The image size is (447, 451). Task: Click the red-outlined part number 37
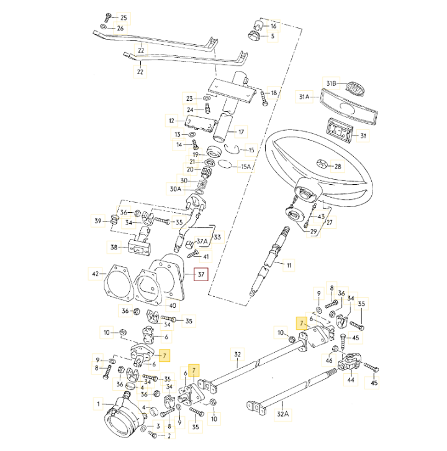201,274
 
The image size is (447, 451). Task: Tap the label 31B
331,83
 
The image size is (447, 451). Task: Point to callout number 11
287,266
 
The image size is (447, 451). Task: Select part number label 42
96,274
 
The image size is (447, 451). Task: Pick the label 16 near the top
273,26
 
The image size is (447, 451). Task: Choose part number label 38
114,247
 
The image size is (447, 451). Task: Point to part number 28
338,167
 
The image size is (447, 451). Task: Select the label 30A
175,189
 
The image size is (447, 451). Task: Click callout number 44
351,379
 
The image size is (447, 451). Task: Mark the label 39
97,221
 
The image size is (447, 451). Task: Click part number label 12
172,121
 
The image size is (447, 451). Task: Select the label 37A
202,241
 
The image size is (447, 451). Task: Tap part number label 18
274,93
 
